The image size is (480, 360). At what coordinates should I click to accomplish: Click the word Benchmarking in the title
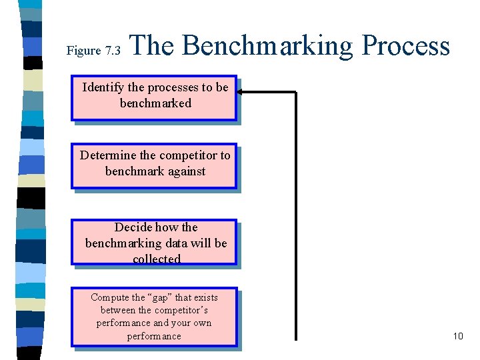tap(267, 46)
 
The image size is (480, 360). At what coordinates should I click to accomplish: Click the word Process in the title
tap(405, 46)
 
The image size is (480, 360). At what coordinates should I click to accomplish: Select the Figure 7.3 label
tap(93, 51)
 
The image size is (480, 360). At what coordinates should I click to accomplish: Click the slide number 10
tap(457, 336)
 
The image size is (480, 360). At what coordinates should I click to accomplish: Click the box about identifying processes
tap(154, 98)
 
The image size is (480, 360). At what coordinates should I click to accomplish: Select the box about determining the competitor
tap(154, 166)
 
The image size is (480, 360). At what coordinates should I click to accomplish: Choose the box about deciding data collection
tap(154, 242)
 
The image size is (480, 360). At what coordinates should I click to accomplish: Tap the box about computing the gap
tap(154, 317)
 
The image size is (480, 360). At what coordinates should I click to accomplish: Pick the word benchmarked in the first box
tap(155, 103)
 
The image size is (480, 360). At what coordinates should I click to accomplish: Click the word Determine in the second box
tap(108, 155)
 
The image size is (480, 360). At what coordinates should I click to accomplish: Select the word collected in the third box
tap(157, 259)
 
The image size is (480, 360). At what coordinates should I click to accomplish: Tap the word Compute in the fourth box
tap(110, 297)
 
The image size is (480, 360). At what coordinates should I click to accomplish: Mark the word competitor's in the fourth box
tap(182, 310)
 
